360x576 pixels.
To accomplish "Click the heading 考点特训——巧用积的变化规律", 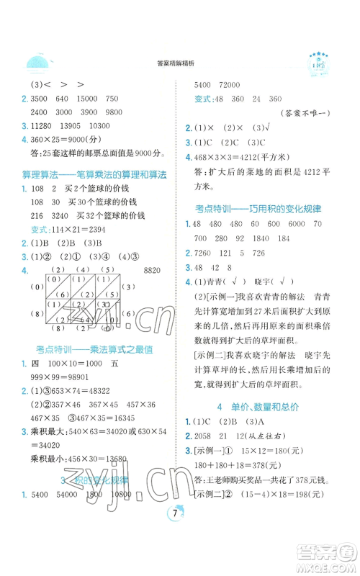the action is click(258, 208).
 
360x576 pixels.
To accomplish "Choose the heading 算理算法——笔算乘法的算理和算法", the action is click(91, 174).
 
